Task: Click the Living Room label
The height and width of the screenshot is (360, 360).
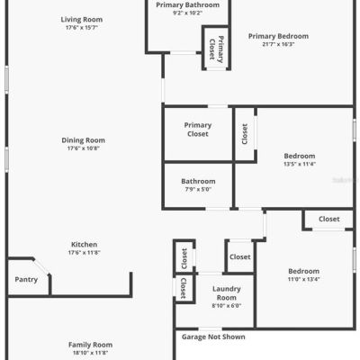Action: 82,20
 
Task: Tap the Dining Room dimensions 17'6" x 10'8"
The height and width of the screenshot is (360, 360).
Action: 83,148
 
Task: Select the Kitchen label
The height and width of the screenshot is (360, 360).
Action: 84,245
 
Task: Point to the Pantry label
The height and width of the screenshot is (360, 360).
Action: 26,280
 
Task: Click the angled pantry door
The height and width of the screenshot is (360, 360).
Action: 40,266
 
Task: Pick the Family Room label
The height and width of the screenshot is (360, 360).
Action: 90,345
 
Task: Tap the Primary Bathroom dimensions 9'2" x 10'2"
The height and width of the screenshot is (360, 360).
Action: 187,13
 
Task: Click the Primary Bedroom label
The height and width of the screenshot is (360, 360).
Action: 278,36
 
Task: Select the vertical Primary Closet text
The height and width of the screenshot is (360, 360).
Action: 216,49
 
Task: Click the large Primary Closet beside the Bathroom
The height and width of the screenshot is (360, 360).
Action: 198,130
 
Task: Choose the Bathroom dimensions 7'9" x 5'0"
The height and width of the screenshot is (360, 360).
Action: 198,189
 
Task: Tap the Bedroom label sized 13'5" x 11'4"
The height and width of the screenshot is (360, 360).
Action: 300,156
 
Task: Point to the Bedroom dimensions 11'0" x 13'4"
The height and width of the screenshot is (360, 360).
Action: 303,279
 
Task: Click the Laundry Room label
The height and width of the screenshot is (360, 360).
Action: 227,293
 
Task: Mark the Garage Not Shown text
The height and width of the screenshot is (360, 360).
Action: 213,337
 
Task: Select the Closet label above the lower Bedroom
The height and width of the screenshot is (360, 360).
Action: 329,219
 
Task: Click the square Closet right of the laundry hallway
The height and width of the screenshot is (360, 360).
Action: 240,257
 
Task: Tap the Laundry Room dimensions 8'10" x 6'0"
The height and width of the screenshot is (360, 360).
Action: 227,306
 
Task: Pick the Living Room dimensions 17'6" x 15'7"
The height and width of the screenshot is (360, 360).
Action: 82,28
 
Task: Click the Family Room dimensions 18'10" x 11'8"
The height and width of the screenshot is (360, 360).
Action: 90,353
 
